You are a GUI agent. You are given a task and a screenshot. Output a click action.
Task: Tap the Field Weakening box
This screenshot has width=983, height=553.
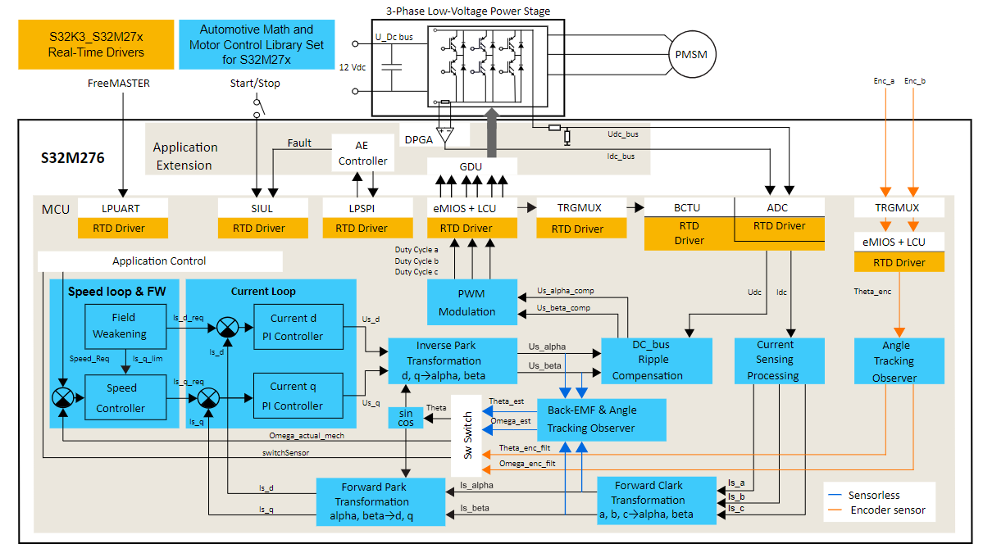pyautogui.click(x=120, y=326)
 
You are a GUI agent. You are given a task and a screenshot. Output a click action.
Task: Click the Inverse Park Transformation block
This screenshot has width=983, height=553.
pyautogui.click(x=452, y=360)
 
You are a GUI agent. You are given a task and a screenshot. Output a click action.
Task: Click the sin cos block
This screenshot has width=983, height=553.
pyautogui.click(x=406, y=417)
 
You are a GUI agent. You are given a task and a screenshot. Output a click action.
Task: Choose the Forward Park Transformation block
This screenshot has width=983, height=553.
pyautogui.click(x=380, y=501)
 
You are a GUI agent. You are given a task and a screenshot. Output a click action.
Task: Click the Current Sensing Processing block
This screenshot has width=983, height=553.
pyautogui.click(x=775, y=360)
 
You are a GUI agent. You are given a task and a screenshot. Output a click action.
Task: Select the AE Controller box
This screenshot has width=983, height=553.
pyautogui.click(x=362, y=152)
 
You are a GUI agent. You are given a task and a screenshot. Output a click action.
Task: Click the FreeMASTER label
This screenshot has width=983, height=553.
pyautogui.click(x=119, y=84)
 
